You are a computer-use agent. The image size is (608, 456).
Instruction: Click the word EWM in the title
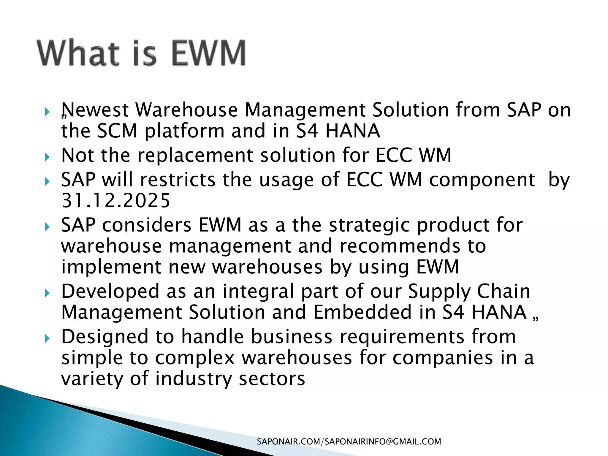tap(209, 53)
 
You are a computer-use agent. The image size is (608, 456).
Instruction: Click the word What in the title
tap(78, 53)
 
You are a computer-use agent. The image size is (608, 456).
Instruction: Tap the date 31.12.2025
tap(116, 201)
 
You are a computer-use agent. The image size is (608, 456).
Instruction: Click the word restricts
tap(178, 180)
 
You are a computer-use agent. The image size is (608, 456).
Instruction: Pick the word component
tap(482, 180)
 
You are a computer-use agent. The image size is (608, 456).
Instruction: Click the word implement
tap(111, 267)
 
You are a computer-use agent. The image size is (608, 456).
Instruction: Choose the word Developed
tap(110, 291)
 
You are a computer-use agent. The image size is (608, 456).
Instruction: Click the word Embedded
tap(362, 312)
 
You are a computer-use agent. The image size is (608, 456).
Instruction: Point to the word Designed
tap(105, 337)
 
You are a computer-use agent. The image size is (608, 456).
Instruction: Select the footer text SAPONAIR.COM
tap(288, 442)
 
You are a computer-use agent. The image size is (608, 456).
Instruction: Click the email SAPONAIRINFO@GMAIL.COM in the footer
tap(383, 442)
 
